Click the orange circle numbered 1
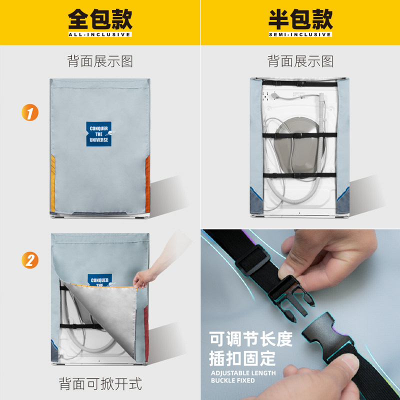pos(30,112)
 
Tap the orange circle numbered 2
pos(30,260)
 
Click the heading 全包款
pos(100,19)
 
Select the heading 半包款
pos(300,19)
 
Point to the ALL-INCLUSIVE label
pos(99,34)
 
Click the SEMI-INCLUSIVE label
pos(300,34)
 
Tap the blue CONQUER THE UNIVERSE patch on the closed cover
pos(98,134)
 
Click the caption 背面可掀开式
pos(100,383)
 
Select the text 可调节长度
pos(251,339)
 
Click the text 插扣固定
pos(242,358)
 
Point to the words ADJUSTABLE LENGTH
pos(243,373)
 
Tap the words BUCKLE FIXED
pos(233,380)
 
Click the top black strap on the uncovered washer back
pos(300,83)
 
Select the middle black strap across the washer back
pos(300,135)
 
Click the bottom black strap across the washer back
pos(299,175)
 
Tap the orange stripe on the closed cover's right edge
pos(147,183)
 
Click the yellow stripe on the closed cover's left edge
pos(53,183)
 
